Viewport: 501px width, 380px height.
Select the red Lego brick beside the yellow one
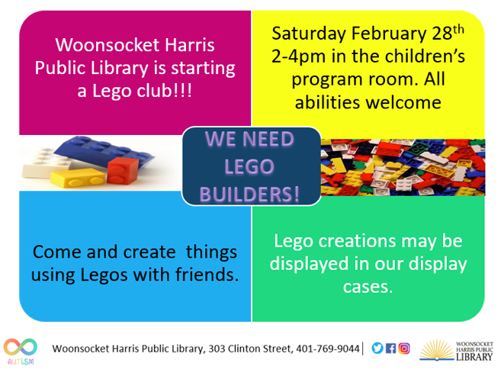(x=111, y=172)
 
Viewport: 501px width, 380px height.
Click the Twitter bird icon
(x=377, y=348)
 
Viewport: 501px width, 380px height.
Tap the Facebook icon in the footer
(x=391, y=348)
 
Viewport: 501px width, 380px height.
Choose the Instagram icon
(x=404, y=348)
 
